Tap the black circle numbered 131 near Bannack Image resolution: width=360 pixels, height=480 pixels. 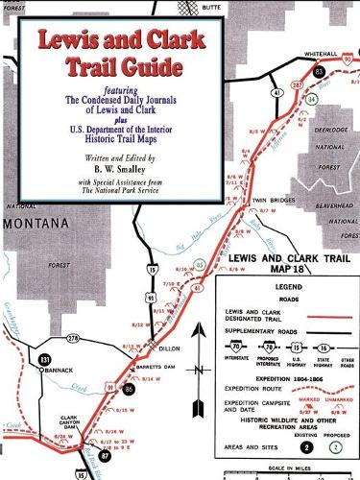pyautogui.click(x=44, y=360)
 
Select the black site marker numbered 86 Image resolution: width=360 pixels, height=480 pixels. pyautogui.click(x=129, y=390)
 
